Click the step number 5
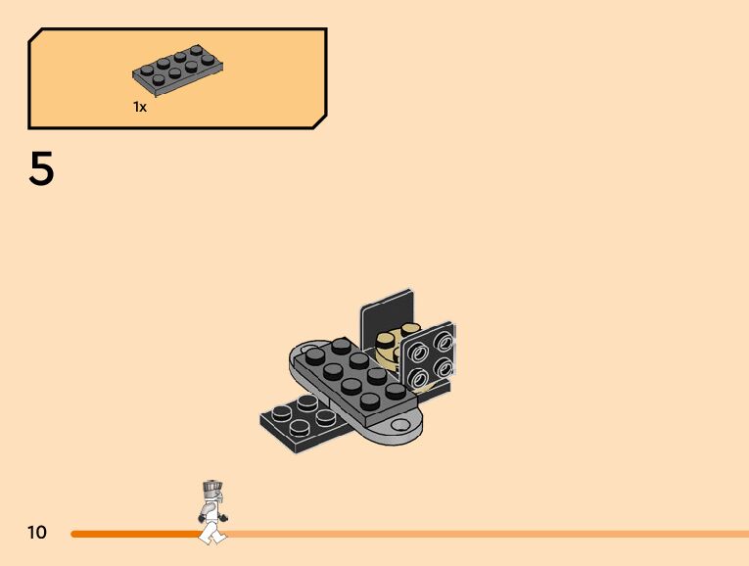click(x=41, y=167)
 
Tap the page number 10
click(x=37, y=532)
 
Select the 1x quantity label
click(x=139, y=107)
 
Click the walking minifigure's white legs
click(x=212, y=532)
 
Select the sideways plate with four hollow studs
click(x=428, y=358)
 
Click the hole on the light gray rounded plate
click(x=400, y=424)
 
